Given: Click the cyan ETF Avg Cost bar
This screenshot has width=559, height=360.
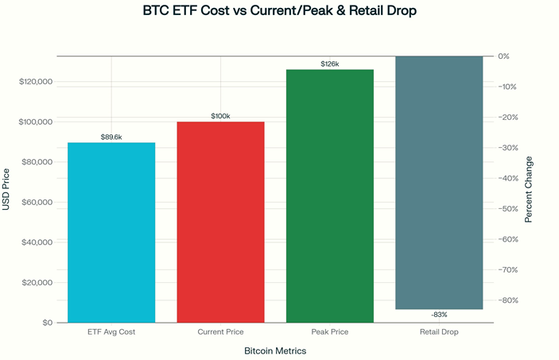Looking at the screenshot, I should (x=111, y=232).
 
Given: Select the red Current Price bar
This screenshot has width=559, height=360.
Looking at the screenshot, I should (x=220, y=222).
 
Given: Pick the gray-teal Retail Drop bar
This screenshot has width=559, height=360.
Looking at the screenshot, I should (x=439, y=182).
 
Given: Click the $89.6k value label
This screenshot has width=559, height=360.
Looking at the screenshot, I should (x=111, y=137).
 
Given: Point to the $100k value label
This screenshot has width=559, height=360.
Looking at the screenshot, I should (x=220, y=116).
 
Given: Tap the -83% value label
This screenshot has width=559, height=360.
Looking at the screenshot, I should (x=439, y=315).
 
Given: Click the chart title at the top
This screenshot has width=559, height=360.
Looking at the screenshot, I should (x=279, y=12).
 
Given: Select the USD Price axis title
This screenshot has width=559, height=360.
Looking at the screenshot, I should (x=7, y=189).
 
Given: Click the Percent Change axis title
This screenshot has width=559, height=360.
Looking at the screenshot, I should (x=529, y=188).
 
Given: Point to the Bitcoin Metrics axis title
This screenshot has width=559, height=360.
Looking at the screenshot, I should (x=274, y=350).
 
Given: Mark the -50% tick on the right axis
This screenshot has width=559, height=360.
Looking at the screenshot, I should (x=507, y=208).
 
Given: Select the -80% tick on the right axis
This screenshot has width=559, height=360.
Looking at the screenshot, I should (x=507, y=300).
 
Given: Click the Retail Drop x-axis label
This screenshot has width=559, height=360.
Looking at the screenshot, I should (x=439, y=331).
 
